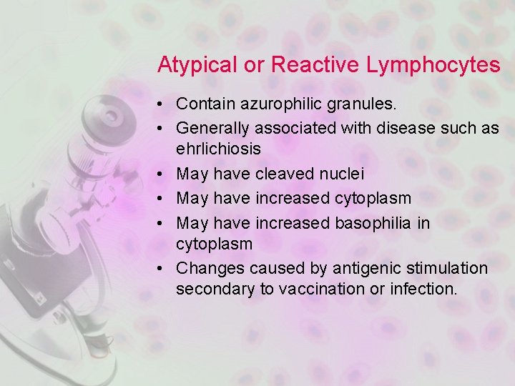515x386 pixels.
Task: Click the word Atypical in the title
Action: click(x=197, y=66)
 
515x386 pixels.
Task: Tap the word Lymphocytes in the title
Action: click(x=433, y=66)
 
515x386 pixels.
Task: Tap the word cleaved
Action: click(x=277, y=174)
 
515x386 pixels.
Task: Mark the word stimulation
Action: click(x=443, y=269)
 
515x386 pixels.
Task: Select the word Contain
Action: click(x=201, y=104)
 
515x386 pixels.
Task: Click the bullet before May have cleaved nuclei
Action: click(x=164, y=174)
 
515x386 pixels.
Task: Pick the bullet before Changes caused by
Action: click(x=164, y=269)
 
